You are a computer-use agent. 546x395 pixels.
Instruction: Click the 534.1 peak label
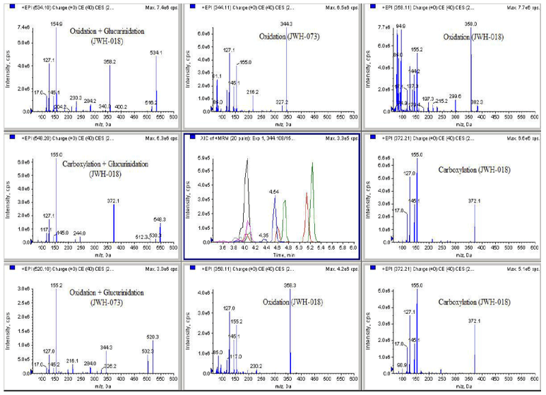click(x=157, y=52)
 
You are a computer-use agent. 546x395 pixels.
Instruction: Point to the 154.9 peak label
click(x=57, y=23)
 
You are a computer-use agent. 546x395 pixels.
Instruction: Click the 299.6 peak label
click(x=454, y=97)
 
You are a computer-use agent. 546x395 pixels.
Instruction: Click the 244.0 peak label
click(x=78, y=233)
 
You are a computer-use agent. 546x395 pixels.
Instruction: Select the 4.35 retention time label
click(x=263, y=235)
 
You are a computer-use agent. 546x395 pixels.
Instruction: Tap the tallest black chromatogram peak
click(x=247, y=160)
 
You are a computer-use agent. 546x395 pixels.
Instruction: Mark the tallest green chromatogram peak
click(x=311, y=164)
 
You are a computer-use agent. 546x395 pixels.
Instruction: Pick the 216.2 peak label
click(x=253, y=92)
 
